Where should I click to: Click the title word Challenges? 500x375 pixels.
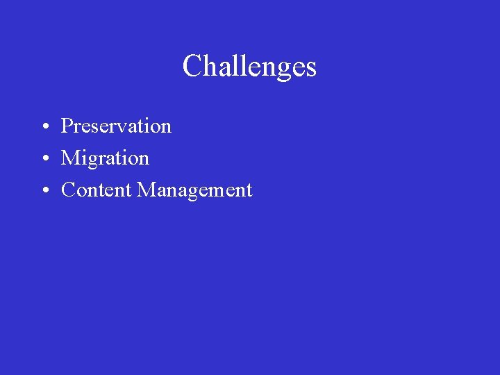249,67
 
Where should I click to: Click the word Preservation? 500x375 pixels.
116,126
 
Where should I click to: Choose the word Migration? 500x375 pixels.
105,158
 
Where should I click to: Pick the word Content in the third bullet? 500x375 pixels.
97,190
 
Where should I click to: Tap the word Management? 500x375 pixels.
194,190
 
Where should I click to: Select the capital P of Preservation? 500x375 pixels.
67,126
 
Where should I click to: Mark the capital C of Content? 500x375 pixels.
68,190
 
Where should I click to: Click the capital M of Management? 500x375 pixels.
147,190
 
